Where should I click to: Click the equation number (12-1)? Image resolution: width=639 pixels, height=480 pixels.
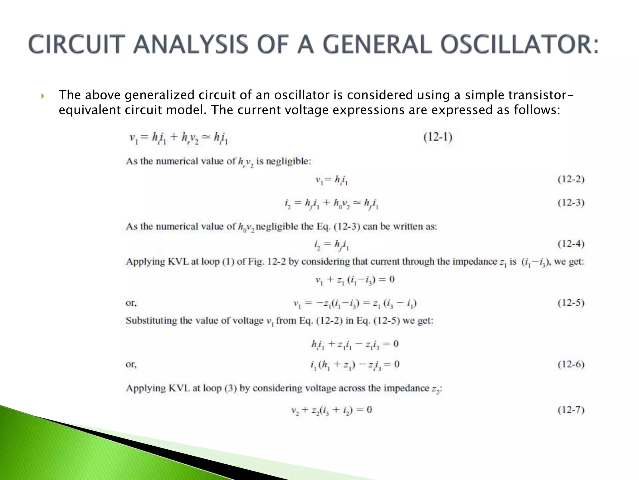coord(438,137)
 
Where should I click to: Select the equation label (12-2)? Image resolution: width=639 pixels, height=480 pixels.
coord(571,179)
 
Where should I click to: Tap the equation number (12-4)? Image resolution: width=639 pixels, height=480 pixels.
coord(571,243)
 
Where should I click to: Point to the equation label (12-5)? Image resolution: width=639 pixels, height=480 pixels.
coord(571,303)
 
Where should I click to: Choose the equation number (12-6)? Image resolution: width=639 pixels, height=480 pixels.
coord(571,364)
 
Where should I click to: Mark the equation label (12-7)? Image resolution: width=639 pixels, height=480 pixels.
coord(571,410)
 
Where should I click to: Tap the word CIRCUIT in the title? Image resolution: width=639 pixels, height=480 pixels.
coord(75,44)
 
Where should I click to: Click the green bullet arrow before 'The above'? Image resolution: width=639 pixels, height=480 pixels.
coord(43,96)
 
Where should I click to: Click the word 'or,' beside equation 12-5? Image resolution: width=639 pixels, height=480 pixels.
coord(131,303)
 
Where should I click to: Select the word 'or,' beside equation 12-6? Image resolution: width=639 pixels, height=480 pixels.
coord(131,365)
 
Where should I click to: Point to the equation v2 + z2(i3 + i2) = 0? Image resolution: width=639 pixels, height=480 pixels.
coord(331,410)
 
